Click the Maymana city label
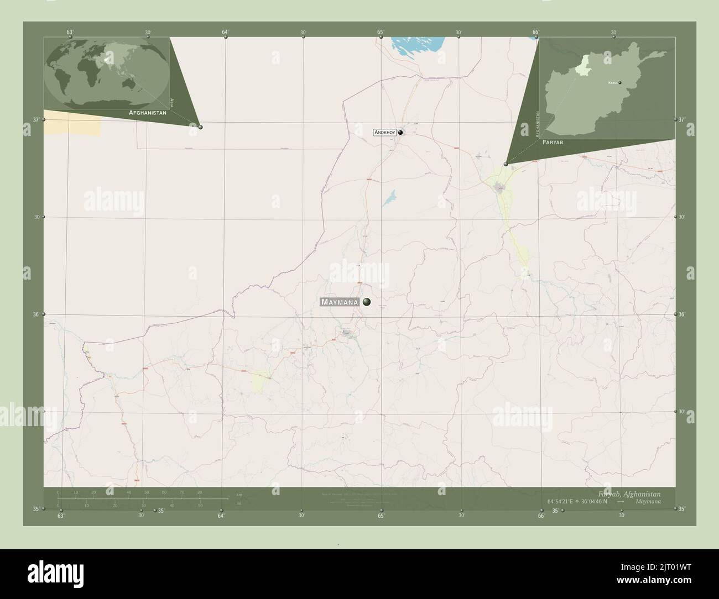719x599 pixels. tap(339, 302)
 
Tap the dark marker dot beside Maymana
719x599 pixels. tap(366, 302)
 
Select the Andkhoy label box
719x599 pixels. tap(384, 133)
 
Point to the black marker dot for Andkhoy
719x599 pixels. tap(400, 133)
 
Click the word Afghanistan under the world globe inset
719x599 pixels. tap(147, 112)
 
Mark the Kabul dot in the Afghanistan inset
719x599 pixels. tap(620, 83)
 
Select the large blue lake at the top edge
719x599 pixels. tap(417, 44)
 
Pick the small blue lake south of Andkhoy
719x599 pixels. tap(389, 198)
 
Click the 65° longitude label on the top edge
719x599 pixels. tap(381, 32)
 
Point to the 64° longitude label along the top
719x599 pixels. tap(225, 32)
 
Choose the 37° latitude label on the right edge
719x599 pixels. tap(681, 119)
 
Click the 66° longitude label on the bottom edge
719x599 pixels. tap(541, 516)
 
